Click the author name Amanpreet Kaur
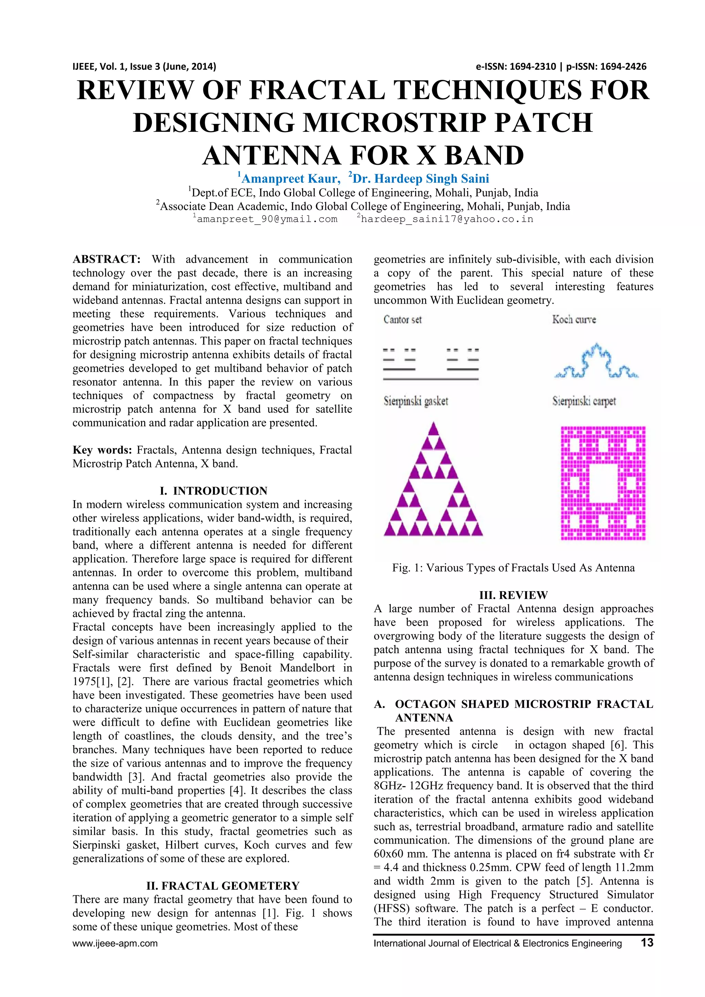(290, 178)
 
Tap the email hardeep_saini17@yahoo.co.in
(447, 219)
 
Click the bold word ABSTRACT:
(106, 259)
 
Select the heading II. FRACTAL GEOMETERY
(223, 885)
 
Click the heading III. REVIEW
(513, 595)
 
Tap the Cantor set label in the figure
(402, 319)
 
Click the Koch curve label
(574, 319)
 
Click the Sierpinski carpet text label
(584, 401)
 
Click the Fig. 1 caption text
(513, 568)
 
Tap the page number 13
(646, 943)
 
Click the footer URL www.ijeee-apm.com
(115, 944)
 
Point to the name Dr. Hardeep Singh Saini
(421, 178)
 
